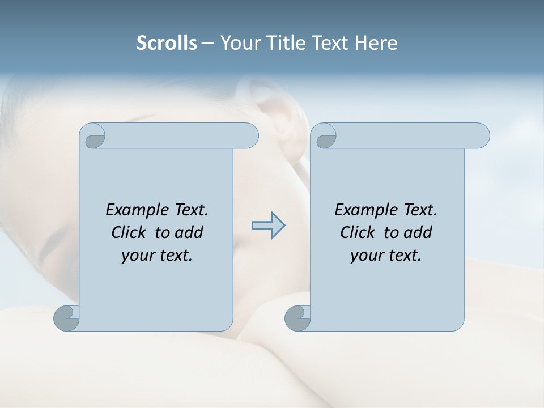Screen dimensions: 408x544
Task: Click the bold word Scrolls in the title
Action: (x=167, y=43)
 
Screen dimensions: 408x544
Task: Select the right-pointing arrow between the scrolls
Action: (x=268, y=226)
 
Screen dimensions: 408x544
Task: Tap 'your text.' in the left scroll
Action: (x=157, y=255)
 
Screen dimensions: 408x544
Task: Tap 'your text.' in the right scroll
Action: (x=386, y=255)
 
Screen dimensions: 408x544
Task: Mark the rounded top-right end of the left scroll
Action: (x=249, y=136)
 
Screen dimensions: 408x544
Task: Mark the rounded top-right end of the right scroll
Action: (x=481, y=136)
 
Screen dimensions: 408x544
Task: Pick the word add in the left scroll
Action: (x=189, y=232)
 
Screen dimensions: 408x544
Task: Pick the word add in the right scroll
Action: (x=418, y=232)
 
